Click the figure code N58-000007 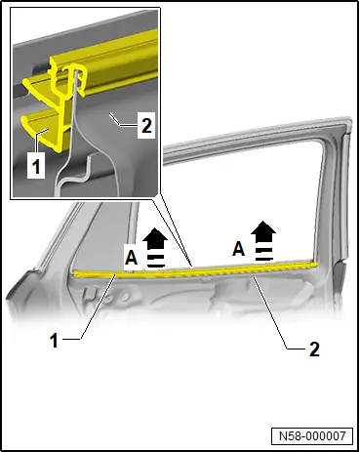click(312, 435)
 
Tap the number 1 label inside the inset click(36, 167)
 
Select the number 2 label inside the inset click(146, 125)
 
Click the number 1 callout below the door click(54, 341)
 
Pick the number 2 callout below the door click(314, 349)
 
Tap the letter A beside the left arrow click(132, 258)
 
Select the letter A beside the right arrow click(239, 249)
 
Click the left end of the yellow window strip click(75, 273)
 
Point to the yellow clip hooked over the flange click(75, 80)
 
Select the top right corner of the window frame click(348, 120)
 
